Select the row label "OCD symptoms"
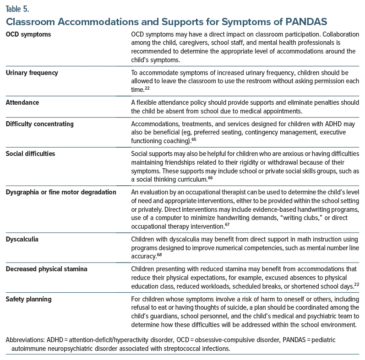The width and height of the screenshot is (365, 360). tap(28, 35)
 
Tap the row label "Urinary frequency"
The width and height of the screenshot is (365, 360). tap(32, 73)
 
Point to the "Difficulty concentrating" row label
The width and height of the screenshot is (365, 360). tap(39, 124)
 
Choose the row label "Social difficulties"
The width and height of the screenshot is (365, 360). tap(30, 154)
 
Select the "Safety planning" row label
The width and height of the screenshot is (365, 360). tap(28, 299)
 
